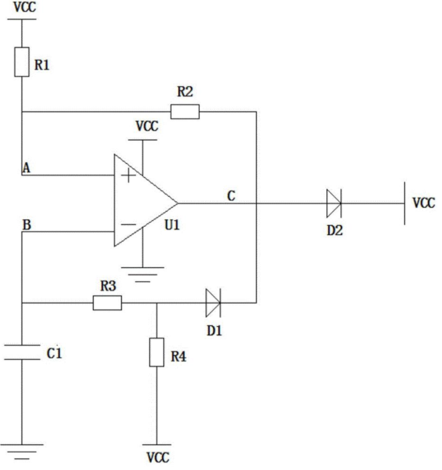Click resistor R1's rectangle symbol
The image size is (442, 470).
pos(22,62)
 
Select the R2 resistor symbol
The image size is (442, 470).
pos(185,112)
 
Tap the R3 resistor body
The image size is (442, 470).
pos(107,303)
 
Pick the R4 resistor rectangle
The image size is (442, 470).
pos(157,352)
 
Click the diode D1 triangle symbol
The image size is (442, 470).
pos(213,303)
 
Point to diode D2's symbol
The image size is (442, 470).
pos(334,204)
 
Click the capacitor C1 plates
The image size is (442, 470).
pos(22,352)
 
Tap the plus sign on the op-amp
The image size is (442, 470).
pos(129,175)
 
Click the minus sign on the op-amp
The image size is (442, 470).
pos(129,224)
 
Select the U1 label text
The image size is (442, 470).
pos(172,225)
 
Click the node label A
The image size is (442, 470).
pos(26,168)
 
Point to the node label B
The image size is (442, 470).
pos(27,225)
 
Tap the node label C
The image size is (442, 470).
pos(231,196)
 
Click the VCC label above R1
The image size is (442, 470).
pos(25,7)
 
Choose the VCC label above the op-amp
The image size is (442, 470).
pos(147,126)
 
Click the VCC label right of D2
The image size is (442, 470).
pos(424,203)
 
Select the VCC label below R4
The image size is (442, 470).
pos(158,458)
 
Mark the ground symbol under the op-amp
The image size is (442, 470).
pos(143,275)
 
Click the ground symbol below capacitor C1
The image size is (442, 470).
pos(22,452)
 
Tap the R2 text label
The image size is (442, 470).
pos(185,92)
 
